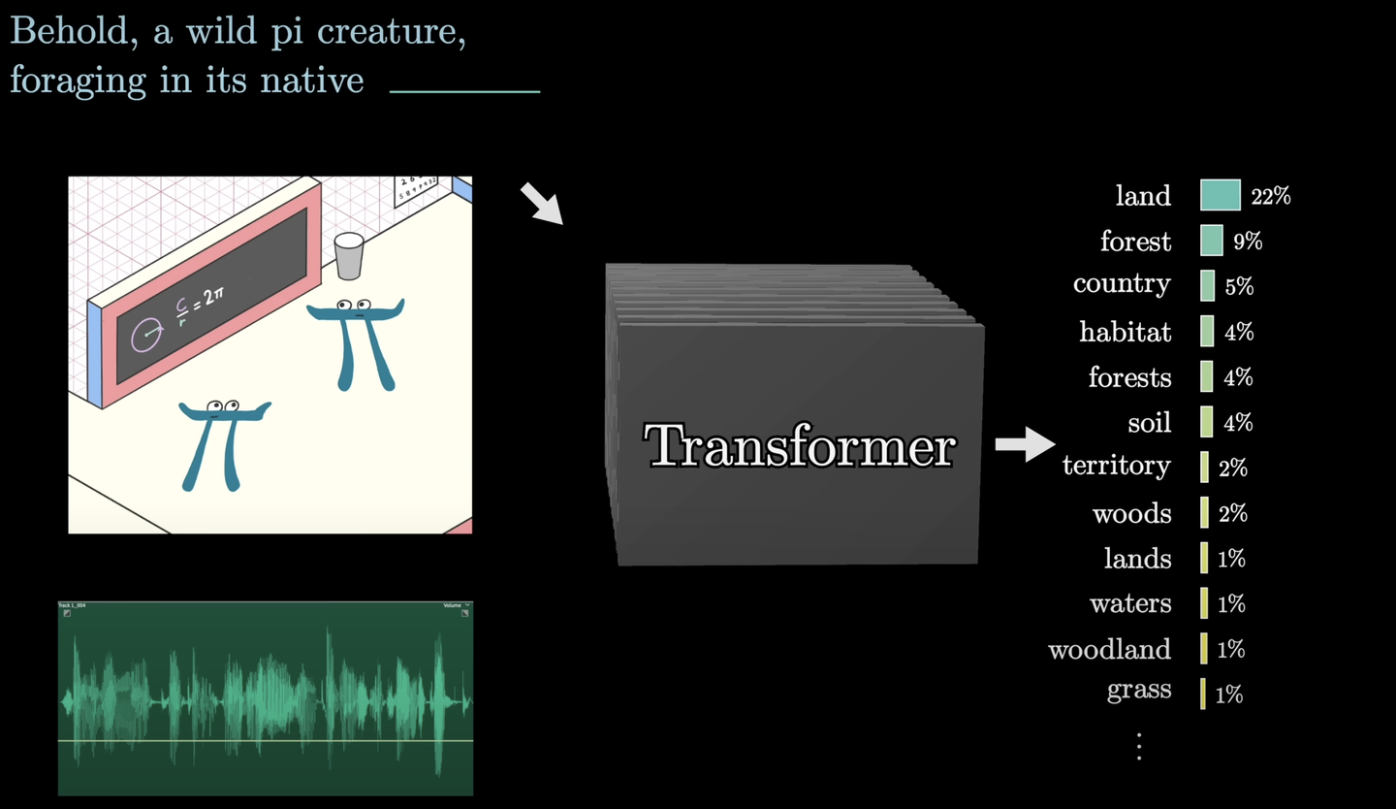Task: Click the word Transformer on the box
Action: pos(801,447)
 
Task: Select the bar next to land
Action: pos(1220,195)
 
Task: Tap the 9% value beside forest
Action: pos(1248,242)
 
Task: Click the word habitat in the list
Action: pos(1125,332)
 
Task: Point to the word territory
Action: pos(1116,466)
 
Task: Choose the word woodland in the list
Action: pos(1109,649)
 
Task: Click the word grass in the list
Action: pos(1138,691)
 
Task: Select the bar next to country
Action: pos(1208,286)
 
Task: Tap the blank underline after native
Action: pos(464,91)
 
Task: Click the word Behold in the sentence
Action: pos(66,32)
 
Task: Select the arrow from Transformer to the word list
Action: pos(1025,445)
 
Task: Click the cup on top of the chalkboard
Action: pos(348,254)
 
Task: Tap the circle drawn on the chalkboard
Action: pos(146,336)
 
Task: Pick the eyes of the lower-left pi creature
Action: pos(223,405)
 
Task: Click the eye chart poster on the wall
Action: pos(415,189)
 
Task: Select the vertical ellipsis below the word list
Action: pos(1139,746)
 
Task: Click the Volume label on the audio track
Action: pos(453,605)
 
